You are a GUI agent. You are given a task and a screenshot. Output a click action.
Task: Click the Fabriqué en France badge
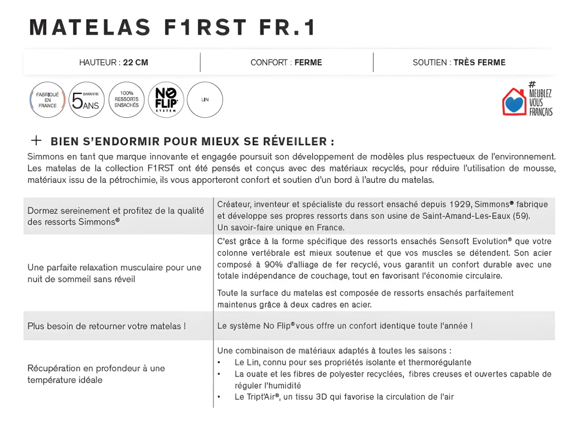(x=47, y=100)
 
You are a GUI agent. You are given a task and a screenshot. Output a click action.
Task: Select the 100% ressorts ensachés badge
(x=127, y=100)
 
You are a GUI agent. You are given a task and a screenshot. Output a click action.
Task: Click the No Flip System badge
(x=166, y=100)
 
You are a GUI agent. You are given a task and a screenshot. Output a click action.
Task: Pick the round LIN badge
(x=205, y=100)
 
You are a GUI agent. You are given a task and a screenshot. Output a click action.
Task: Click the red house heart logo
(x=514, y=102)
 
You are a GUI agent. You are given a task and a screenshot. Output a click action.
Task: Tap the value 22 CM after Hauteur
(x=136, y=63)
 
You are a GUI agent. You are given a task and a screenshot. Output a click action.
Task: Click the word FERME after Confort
(x=308, y=63)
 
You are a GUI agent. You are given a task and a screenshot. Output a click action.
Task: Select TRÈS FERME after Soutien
(x=479, y=63)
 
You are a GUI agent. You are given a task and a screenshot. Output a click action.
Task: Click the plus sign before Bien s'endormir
(x=36, y=140)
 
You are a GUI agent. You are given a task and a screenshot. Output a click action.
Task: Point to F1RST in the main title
(x=205, y=27)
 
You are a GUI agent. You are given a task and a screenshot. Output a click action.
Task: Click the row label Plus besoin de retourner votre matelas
(x=107, y=326)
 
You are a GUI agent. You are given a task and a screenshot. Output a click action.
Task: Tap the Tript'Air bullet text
(x=343, y=397)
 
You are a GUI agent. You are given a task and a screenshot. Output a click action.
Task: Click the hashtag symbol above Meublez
(x=532, y=84)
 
